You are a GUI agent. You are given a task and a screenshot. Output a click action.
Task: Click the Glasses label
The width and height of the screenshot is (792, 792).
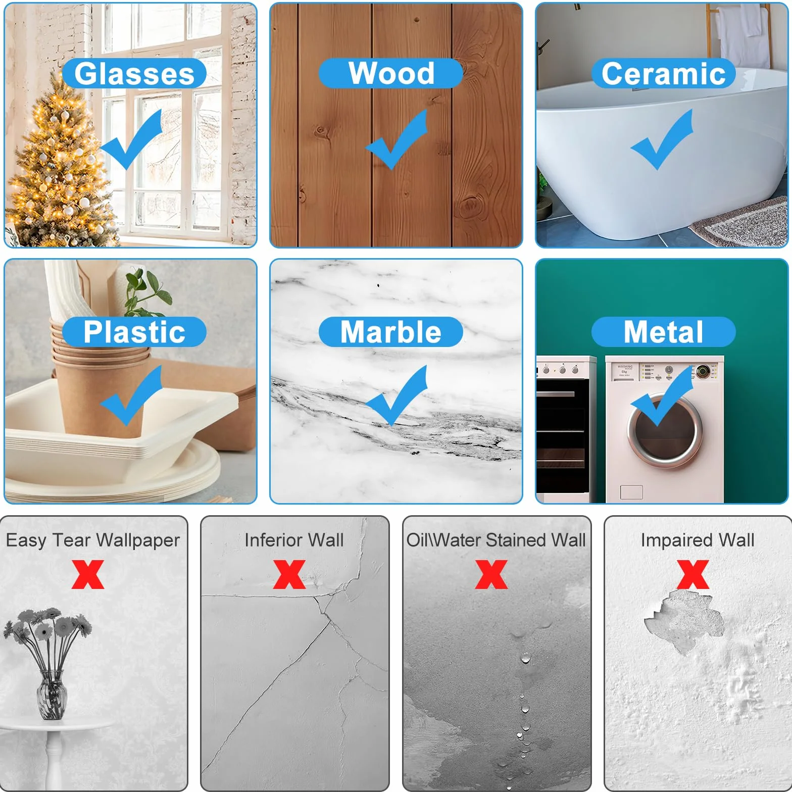tap(134, 74)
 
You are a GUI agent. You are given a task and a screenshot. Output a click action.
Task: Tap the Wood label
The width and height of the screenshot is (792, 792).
tap(391, 73)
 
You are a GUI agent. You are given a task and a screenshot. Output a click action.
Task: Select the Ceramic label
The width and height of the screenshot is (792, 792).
tap(663, 74)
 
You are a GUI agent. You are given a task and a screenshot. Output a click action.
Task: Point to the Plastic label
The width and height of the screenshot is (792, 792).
tap(134, 332)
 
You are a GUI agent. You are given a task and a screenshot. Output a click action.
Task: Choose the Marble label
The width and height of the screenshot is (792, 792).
tap(391, 332)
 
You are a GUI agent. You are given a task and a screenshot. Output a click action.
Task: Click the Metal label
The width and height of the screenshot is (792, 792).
tap(663, 332)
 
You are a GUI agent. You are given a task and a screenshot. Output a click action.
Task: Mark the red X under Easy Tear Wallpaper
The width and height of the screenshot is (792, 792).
tap(88, 574)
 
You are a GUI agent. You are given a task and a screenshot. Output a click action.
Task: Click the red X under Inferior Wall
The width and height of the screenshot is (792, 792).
tap(289, 574)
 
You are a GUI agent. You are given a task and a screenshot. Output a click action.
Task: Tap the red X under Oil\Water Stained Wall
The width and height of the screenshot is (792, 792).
tap(491, 574)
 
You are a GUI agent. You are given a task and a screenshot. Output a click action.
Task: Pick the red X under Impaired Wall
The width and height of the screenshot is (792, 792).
tap(693, 574)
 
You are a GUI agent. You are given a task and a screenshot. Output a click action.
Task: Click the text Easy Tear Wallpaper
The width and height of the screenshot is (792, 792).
tap(93, 540)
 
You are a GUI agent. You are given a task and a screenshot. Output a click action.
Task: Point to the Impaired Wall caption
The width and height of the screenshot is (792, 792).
tap(698, 540)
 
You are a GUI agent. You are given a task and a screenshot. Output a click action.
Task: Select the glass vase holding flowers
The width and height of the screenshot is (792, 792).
tap(51, 695)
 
